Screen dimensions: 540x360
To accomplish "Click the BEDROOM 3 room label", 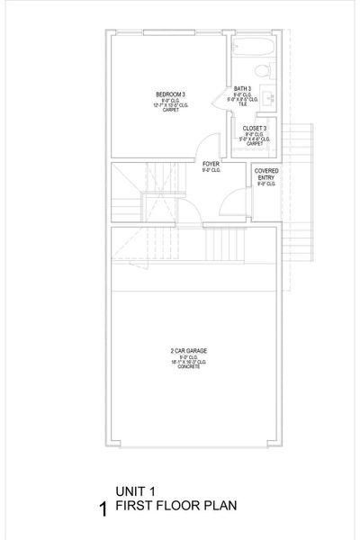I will tap(170, 94).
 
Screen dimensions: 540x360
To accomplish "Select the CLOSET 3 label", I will tap(253, 128).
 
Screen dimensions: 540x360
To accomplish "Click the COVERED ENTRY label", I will tap(265, 175).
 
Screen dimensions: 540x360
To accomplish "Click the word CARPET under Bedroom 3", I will tap(170, 112).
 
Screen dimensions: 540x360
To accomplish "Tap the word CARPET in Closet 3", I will tap(253, 144).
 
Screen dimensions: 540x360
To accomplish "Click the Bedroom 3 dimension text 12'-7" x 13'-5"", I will tap(170, 105).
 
